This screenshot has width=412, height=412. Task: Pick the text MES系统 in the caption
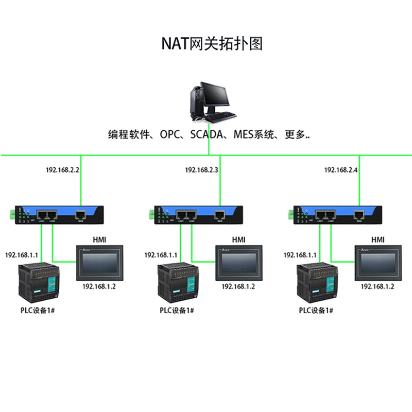pos(252,135)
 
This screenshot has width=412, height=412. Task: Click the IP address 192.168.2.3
pos(202,169)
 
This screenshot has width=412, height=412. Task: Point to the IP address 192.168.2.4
pos(341,169)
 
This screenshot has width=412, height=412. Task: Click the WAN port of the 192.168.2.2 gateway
pos(81,213)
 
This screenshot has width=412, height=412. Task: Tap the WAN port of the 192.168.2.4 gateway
pos(359,213)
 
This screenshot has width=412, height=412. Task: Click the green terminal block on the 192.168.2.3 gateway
pos(151,214)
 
